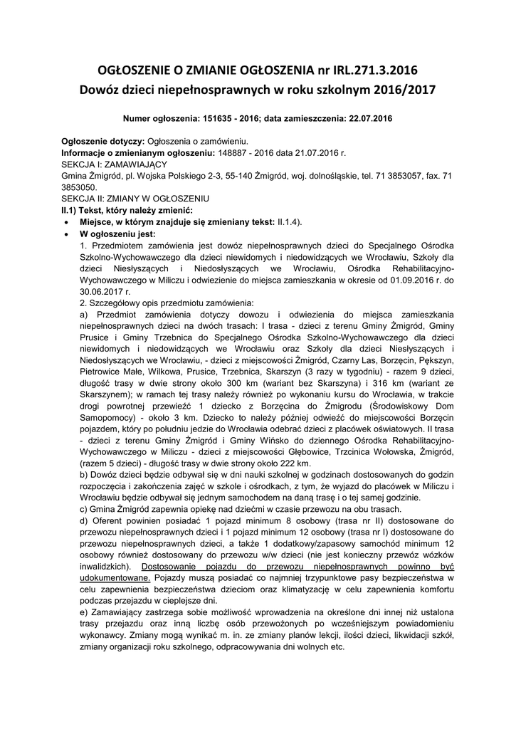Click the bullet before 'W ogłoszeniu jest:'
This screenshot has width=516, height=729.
66,234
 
